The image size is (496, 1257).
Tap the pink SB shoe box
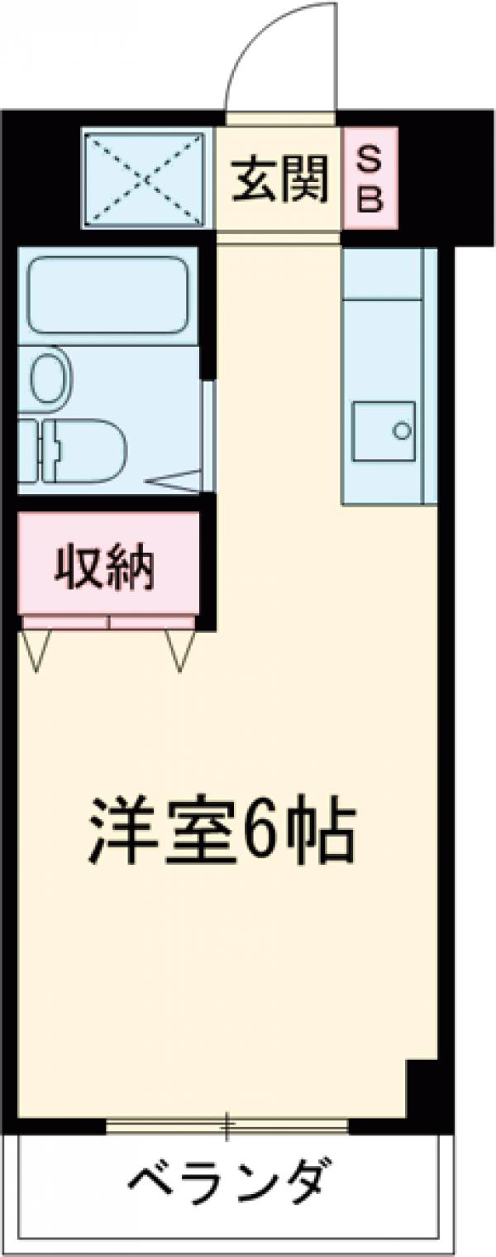[370, 179]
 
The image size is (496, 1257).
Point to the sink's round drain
[401, 431]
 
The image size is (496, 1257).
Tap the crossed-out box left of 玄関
[146, 177]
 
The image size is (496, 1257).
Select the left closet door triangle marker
[36, 648]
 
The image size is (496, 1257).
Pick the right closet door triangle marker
[180, 649]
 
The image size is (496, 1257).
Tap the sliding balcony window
[227, 1125]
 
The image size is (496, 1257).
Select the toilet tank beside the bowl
[26, 450]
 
